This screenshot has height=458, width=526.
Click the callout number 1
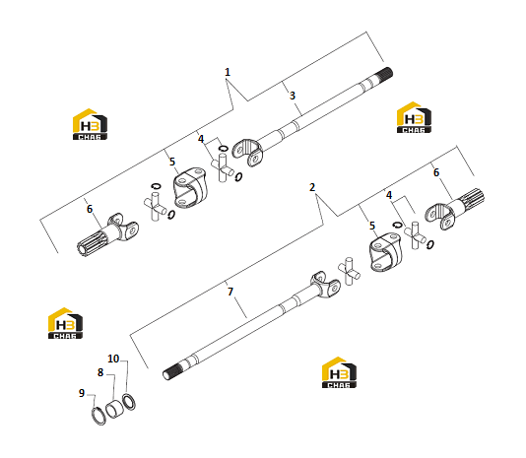(x=228, y=72)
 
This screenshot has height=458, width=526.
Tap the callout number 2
(x=312, y=187)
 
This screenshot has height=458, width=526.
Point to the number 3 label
(x=293, y=96)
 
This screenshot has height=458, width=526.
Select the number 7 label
(x=230, y=292)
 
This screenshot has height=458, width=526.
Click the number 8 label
(x=100, y=372)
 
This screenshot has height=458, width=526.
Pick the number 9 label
(x=82, y=393)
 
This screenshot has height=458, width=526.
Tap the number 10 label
(x=113, y=359)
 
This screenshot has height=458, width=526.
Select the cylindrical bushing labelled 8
(x=114, y=409)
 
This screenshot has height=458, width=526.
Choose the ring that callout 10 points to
(x=129, y=402)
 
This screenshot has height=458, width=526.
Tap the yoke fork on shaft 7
(x=325, y=285)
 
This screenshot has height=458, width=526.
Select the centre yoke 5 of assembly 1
(x=190, y=188)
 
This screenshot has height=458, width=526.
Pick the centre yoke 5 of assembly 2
(x=385, y=252)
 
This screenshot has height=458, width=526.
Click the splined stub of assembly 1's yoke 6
(x=93, y=242)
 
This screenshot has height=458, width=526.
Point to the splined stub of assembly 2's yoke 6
(x=472, y=199)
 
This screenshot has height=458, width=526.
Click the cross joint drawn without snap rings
(x=349, y=271)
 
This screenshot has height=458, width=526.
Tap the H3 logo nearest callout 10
(x=65, y=323)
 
